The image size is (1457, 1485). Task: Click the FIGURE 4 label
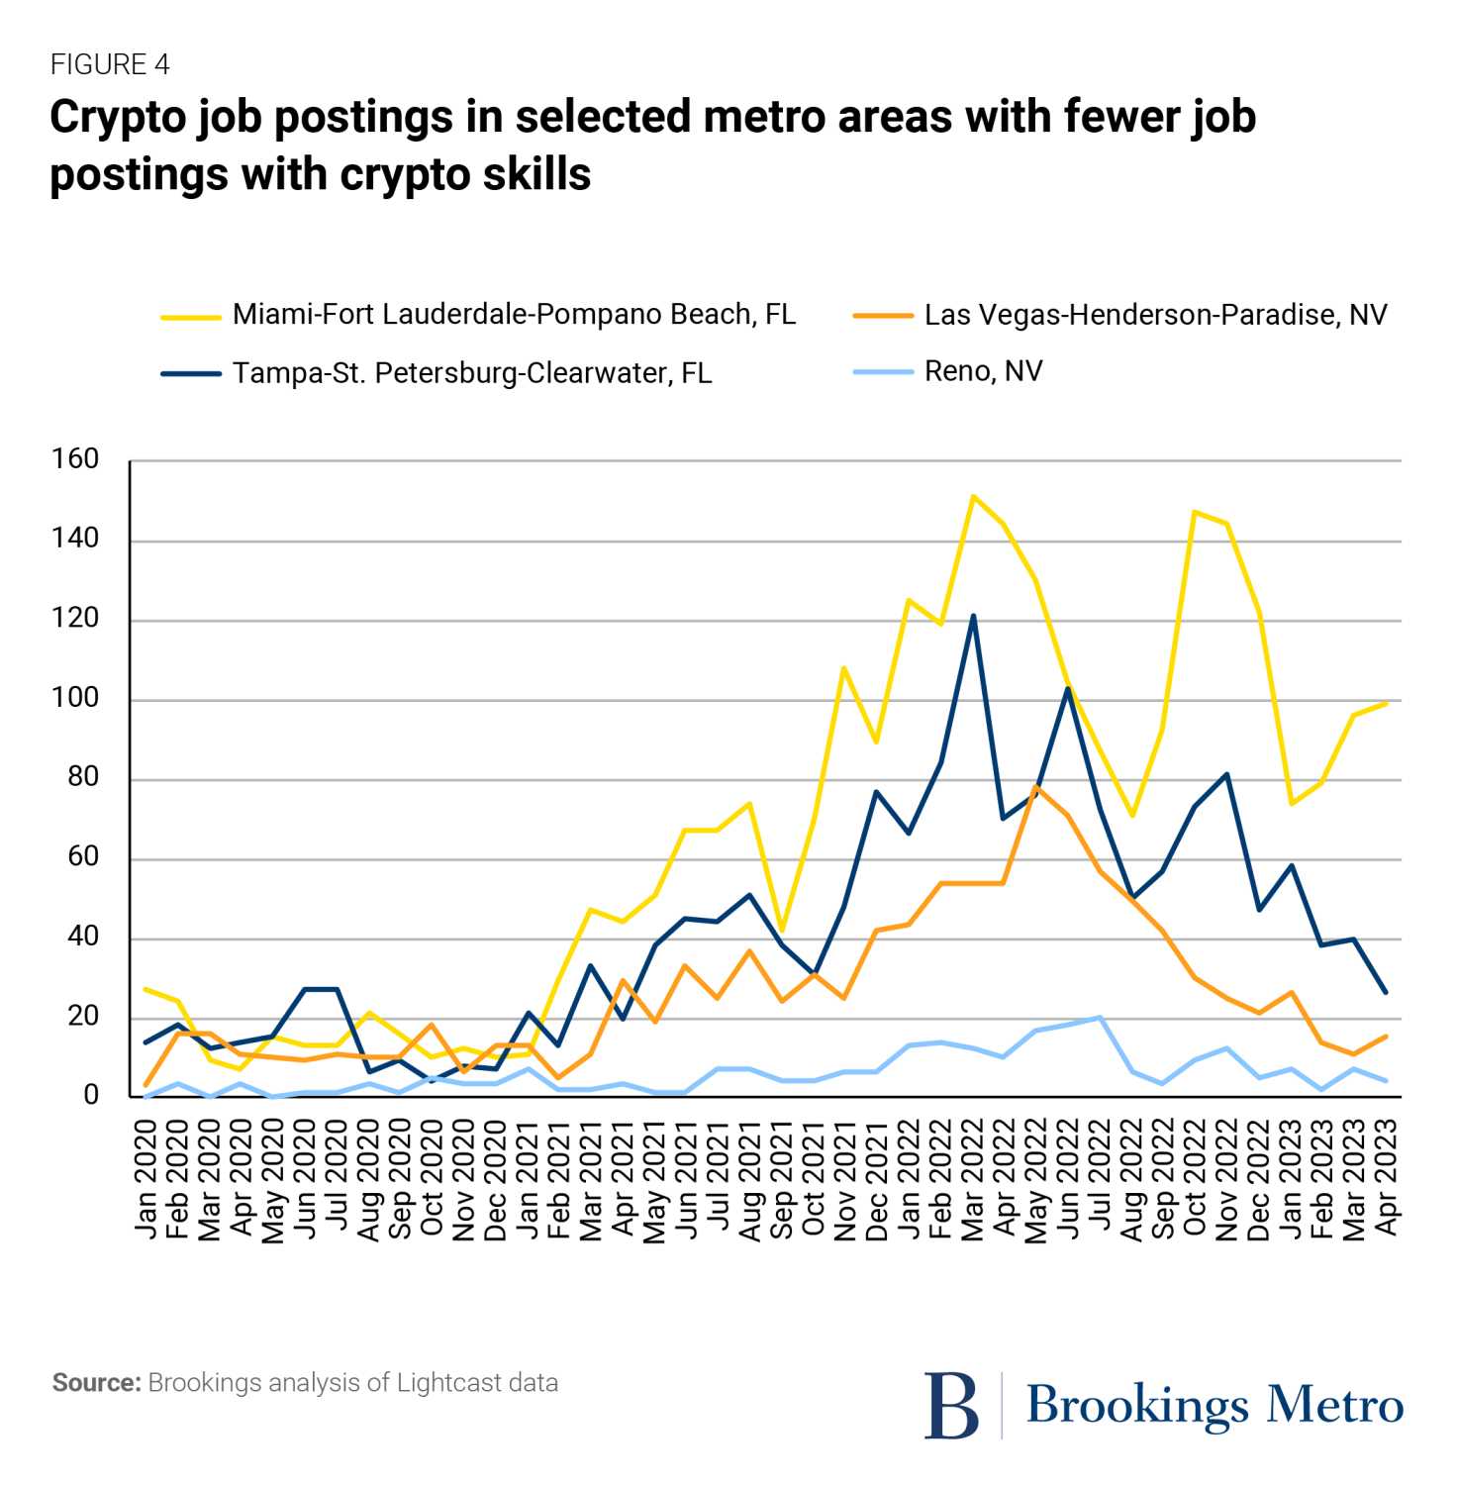(x=110, y=65)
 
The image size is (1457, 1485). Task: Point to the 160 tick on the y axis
(x=76, y=459)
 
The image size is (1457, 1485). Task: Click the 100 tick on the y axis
(x=76, y=698)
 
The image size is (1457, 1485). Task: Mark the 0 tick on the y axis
(x=91, y=1095)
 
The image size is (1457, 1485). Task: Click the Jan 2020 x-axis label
(x=146, y=1178)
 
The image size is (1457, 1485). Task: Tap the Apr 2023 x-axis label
(x=1387, y=1178)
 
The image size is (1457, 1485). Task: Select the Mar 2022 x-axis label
(x=973, y=1178)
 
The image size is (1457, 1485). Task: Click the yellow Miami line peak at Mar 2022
(x=973, y=496)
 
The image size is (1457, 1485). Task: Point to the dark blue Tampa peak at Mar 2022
(x=973, y=616)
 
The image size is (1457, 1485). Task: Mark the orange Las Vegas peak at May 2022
(x=1036, y=787)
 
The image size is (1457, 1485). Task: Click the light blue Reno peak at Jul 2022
(x=1100, y=1017)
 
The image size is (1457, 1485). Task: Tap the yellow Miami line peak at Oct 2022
(x=1195, y=512)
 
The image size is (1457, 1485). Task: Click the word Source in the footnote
(x=96, y=1383)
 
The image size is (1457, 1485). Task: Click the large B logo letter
(x=951, y=1405)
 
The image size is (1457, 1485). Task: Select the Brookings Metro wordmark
(x=1214, y=1405)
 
